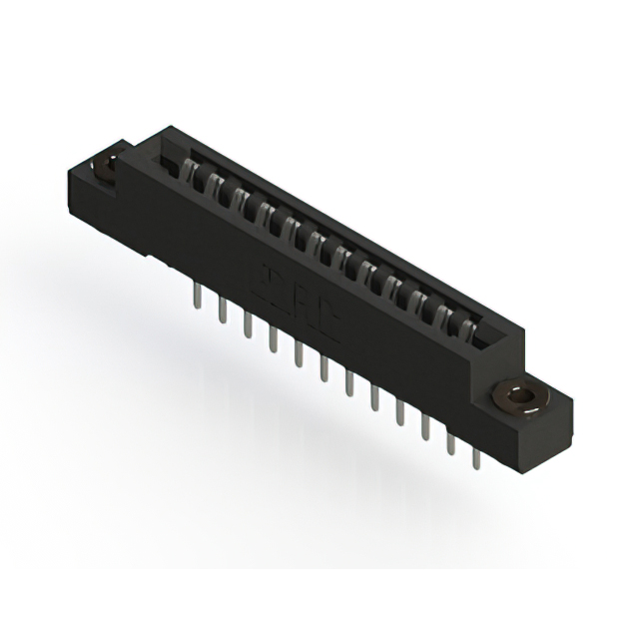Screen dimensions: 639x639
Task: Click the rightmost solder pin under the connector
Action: (x=474, y=454)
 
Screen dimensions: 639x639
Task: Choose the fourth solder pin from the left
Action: (x=273, y=340)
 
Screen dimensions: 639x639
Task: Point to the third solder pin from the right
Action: (x=425, y=427)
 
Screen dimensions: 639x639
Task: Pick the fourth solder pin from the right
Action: (x=399, y=412)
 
